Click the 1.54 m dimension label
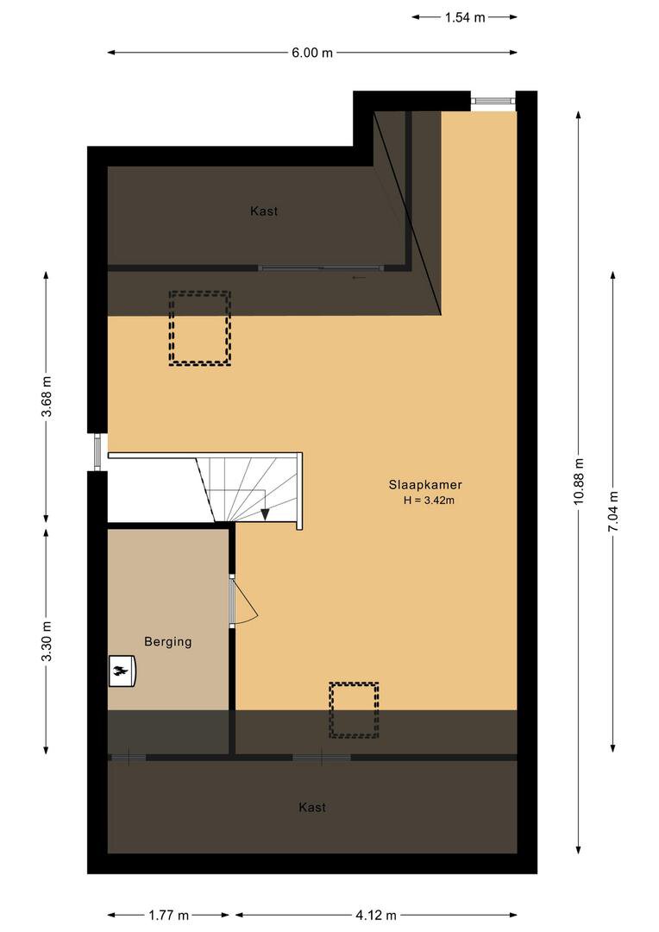[465, 17]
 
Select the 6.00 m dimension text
[312, 53]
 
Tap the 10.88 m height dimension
[579, 482]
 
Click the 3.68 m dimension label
[47, 396]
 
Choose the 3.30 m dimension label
[47, 640]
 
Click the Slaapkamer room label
[425, 484]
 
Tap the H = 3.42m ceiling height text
[429, 501]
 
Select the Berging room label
[168, 642]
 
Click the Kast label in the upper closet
[264, 211]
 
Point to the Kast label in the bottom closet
[312, 807]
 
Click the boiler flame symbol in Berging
[122, 671]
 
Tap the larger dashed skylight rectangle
[199, 328]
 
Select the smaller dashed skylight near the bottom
[355, 710]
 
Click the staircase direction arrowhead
[265, 514]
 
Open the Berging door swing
[244, 601]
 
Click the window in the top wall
[493, 100]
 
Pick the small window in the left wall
[97, 452]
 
